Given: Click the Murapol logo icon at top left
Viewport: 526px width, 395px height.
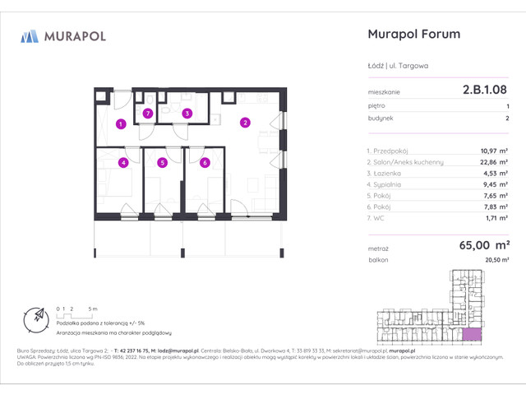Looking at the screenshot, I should click(30, 35).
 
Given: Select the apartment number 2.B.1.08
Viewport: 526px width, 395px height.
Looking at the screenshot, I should click(485, 92).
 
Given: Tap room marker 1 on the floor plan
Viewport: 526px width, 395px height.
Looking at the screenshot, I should click(120, 124).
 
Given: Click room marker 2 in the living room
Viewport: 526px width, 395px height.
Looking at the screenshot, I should click(244, 123).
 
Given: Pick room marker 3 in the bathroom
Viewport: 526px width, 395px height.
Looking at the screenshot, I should click(187, 113).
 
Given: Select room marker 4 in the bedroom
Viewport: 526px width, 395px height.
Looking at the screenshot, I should click(122, 162).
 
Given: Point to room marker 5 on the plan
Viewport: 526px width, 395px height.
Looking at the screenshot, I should click(163, 162).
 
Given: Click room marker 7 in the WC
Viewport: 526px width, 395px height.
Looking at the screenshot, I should click(148, 113).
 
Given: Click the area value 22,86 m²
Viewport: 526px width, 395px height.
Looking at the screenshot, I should click(494, 163).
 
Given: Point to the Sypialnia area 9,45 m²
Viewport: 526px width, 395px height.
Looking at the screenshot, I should click(496, 186).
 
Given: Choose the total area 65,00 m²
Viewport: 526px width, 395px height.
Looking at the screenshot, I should click(487, 244).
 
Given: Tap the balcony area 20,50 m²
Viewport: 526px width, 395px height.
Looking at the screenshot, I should click(495, 259).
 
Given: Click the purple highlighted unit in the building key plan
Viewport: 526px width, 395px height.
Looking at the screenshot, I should click(471, 334).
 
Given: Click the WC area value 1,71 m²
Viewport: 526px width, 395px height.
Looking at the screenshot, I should click(497, 221).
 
